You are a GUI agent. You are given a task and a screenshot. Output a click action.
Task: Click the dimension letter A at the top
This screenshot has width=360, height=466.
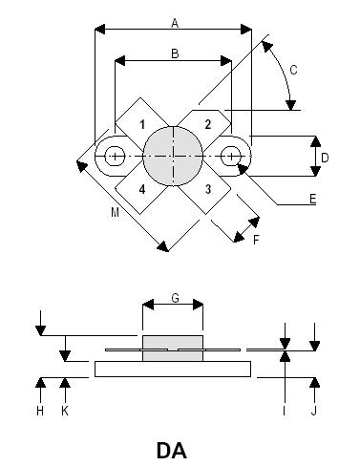click(174, 21)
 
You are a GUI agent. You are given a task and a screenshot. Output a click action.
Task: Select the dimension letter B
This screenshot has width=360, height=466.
click(174, 54)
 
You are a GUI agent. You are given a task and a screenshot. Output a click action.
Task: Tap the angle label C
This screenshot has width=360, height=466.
click(294, 70)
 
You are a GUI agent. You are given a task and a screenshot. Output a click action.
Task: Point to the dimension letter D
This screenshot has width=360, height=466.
click(325, 157)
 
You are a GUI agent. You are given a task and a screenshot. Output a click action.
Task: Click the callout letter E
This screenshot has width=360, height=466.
click(312, 201)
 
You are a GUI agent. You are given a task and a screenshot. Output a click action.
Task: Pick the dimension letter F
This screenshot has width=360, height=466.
click(255, 240)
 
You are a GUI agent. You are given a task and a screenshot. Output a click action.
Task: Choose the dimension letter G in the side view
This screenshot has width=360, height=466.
click(174, 298)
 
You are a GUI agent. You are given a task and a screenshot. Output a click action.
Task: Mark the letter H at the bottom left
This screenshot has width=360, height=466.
click(39, 411)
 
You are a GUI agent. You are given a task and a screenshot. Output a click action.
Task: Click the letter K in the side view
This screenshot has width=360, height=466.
click(64, 411)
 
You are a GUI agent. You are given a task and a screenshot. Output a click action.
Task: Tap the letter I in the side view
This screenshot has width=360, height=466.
click(284, 411)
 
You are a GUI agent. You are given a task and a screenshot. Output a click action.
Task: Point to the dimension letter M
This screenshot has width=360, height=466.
click(114, 212)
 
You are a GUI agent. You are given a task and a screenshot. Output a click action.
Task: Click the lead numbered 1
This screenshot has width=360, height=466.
click(141, 124)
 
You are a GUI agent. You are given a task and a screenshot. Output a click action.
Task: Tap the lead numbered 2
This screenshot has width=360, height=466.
click(207, 124)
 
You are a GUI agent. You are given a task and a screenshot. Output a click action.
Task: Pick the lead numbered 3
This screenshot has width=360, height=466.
click(207, 188)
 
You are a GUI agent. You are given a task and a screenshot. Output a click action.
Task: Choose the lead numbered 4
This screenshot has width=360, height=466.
click(141, 188)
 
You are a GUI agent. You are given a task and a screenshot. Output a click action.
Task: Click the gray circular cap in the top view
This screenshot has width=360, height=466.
click(174, 156)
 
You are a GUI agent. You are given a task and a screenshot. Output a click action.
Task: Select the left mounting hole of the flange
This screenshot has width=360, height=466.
click(116, 156)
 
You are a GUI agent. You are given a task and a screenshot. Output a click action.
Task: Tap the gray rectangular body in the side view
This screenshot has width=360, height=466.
click(173, 348)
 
